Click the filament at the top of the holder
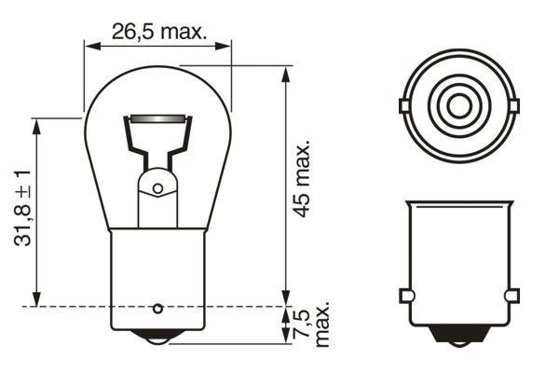(157, 119)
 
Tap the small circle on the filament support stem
(157, 189)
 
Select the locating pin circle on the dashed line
(157, 307)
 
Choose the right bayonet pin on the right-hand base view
(511, 296)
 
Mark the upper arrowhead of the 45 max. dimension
(284, 72)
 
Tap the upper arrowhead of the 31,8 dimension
(36, 124)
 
